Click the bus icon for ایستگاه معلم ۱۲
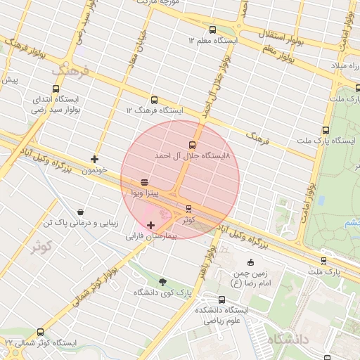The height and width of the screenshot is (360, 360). coord(212,30)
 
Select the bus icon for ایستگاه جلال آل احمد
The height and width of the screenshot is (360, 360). coord(193,145)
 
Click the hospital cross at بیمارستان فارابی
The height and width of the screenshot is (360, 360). coord(150,225)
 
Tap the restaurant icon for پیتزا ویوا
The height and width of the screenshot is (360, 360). coord(144,181)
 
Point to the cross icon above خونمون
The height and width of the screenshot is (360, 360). coord(94,159)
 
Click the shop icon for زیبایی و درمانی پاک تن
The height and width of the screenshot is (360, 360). coord(80,212)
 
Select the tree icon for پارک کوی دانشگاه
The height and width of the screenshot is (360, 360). coord(163,281)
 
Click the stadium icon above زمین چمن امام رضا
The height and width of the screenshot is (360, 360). coord(252,263)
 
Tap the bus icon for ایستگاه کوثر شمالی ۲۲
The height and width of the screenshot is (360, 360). coord(40,332)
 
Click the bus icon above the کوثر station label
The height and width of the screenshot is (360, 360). coord(188,208)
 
